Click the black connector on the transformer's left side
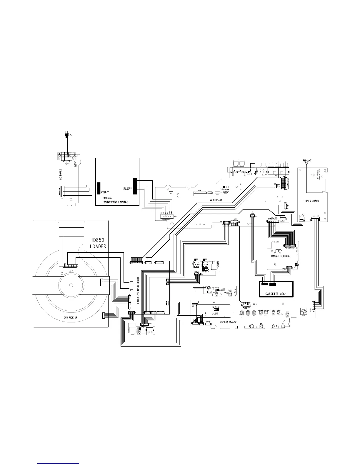[99, 189]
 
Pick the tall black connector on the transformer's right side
[135, 186]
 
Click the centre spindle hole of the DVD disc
[71, 285]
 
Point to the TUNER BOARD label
[311, 201]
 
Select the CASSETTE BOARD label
[281, 256]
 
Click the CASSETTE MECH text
[276, 294]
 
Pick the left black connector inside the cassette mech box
[264, 284]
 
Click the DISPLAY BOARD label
[228, 322]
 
